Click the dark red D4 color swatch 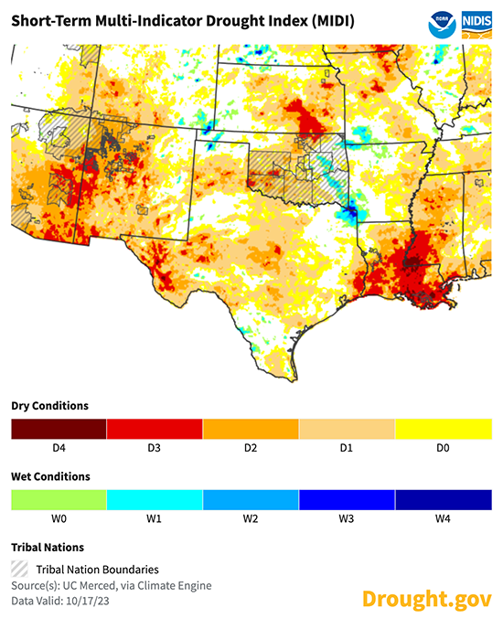coord(59,429)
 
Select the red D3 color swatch coord(155,429)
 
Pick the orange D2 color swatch coord(251,429)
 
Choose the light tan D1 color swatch coord(347,429)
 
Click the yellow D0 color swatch coord(443,429)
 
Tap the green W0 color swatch coord(59,500)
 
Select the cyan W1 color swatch coord(155,500)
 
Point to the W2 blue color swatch coord(251,500)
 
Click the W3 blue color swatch coord(347,500)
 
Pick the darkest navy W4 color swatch coord(443,500)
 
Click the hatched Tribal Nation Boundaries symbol coord(19,569)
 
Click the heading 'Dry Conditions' coord(49,405)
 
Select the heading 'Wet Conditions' coord(50,476)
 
